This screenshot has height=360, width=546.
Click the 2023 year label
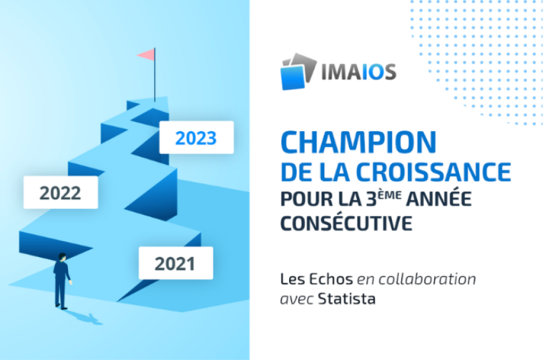tap(196, 138)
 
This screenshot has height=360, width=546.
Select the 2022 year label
tap(60, 192)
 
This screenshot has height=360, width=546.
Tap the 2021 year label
tap(175, 263)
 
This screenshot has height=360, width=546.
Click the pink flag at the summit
tap(146, 54)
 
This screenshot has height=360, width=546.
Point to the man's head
tap(63, 256)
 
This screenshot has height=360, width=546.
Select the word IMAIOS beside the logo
tap(359, 71)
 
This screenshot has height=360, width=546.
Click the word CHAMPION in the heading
tap(358, 142)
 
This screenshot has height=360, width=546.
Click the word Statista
tap(346, 299)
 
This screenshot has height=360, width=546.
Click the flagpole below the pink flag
tap(155, 80)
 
